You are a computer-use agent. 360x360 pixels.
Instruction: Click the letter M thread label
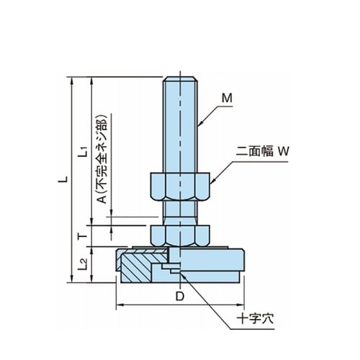[x=227, y=98]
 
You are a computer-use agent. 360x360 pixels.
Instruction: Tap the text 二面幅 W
[x=263, y=151]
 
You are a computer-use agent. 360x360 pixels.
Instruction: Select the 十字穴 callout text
[x=255, y=319]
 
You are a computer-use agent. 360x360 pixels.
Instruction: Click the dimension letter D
[x=180, y=296]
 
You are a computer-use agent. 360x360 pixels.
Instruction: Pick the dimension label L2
[x=82, y=264]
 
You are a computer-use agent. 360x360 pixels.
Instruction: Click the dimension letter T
[x=83, y=237]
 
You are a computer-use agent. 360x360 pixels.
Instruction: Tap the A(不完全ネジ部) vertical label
[x=103, y=159]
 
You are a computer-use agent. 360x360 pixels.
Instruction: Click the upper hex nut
[x=180, y=186]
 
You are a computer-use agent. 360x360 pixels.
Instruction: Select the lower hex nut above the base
[x=180, y=236]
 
